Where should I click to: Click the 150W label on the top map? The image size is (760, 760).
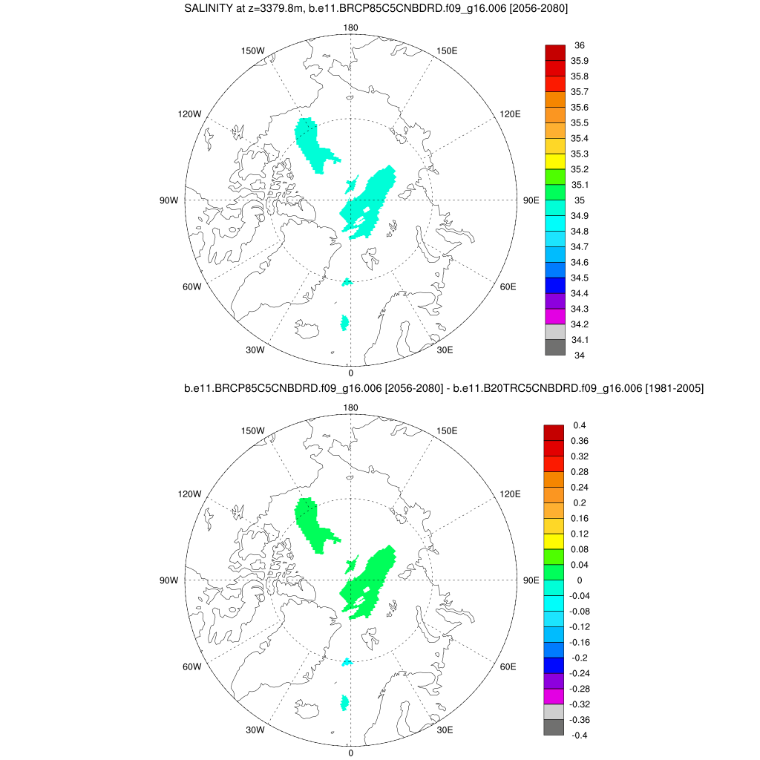[x=253, y=50]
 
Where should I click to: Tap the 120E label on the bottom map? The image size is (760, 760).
[x=510, y=494]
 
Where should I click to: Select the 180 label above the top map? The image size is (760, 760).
[x=351, y=28]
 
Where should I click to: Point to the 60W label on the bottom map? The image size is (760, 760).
[x=191, y=666]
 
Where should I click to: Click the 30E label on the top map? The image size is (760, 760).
[x=445, y=350]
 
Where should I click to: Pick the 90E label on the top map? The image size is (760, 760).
[x=531, y=200]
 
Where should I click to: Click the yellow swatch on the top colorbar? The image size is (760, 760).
[x=555, y=162]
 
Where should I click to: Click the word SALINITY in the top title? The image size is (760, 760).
[x=209, y=9]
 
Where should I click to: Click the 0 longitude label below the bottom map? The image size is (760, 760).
[x=351, y=753]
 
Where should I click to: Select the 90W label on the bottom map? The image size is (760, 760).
[x=169, y=580]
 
